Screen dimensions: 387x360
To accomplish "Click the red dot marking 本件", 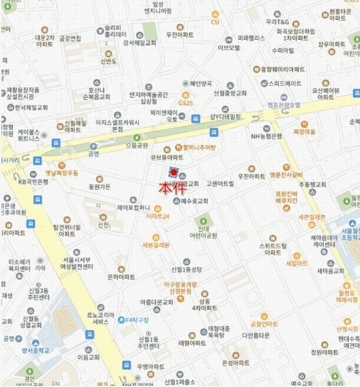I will (174, 173).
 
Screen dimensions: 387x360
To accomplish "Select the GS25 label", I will (186, 103).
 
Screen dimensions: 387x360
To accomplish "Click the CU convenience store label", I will (215, 23).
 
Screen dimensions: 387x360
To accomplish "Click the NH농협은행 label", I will (267, 136).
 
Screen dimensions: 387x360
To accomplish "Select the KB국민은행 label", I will (34, 181).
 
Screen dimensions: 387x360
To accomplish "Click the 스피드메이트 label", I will (285, 83).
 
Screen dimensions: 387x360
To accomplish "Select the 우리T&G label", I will (280, 21).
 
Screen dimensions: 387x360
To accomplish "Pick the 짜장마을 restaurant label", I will (304, 132).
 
